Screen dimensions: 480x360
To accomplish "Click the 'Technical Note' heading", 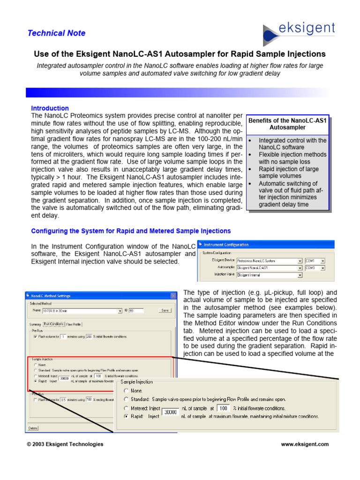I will click(56, 33).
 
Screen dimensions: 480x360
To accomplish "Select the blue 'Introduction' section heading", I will click(50, 108).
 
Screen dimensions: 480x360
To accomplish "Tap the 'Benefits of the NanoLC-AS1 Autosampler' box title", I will click(287, 124).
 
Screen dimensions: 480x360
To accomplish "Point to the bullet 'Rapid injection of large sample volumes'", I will click(288, 172).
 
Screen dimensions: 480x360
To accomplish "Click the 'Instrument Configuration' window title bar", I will click(266, 245).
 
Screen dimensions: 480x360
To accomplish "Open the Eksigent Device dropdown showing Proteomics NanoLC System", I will click(269, 261).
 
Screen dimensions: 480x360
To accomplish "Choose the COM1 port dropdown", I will click(315, 261).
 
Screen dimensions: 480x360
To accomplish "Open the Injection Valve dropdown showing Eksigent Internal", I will click(269, 275).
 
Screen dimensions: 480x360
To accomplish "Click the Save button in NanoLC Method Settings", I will click(165, 310).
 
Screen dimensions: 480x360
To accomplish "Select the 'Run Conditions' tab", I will click(53, 323).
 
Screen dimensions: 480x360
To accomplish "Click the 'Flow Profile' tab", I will click(74, 323).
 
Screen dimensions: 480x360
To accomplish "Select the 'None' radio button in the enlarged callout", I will click(126, 390).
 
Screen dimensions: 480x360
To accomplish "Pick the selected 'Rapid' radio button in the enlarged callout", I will click(126, 416).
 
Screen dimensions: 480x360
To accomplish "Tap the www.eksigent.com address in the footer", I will click(305, 444).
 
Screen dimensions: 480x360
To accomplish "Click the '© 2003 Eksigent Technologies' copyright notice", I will click(65, 444).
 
